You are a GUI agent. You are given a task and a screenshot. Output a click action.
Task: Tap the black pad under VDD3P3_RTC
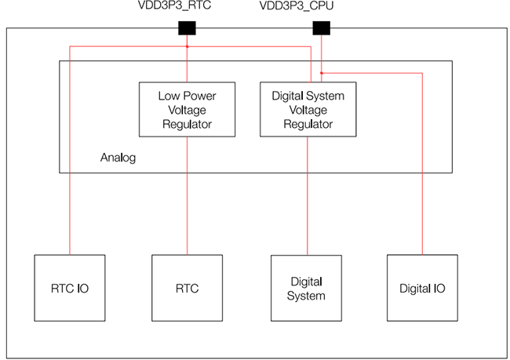187,28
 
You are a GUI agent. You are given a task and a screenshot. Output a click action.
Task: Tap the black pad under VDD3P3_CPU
322,28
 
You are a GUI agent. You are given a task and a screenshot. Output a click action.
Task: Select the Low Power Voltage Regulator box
187,110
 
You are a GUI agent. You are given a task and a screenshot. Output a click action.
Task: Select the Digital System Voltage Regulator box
307,110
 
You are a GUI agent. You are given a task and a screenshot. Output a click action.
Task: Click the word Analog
118,158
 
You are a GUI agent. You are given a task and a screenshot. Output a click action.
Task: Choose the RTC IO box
70,288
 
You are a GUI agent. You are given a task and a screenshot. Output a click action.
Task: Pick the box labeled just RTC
187,288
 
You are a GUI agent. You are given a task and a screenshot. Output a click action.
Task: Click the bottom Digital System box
307,288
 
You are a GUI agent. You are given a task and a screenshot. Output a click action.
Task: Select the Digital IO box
422,288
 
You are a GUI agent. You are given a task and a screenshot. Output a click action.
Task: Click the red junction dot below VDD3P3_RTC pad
187,46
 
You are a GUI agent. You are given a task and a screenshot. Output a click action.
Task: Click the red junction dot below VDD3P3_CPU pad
322,73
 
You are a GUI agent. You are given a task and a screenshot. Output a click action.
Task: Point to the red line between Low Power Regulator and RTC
187,196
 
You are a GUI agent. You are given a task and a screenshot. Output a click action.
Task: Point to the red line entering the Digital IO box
422,220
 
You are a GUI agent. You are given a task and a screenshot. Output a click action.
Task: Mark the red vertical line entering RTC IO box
70,196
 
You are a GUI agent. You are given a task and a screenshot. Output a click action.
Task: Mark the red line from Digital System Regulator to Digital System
307,196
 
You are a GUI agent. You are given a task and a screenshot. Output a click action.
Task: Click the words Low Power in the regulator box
187,96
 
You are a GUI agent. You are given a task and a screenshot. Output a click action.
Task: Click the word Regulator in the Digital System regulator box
307,124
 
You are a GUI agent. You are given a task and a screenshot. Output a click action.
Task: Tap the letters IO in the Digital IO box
438,289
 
